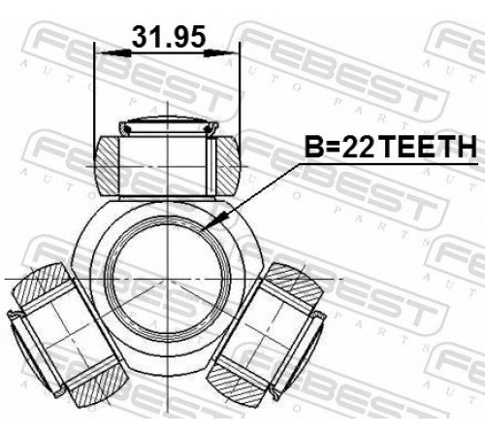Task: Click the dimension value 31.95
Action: [x=169, y=36]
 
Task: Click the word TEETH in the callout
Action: [x=428, y=147]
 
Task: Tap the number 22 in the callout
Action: [x=358, y=147]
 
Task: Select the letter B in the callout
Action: [x=314, y=147]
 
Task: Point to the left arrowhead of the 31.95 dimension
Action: [x=115, y=53]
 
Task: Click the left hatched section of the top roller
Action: [x=107, y=166]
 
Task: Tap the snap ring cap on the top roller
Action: [x=168, y=127]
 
